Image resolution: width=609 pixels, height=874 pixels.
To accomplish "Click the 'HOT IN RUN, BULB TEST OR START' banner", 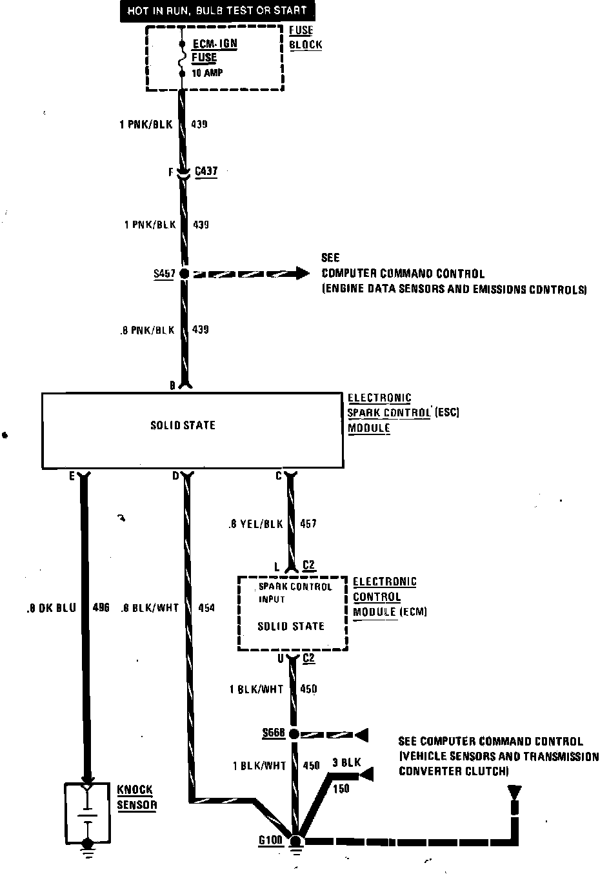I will pos(215,11).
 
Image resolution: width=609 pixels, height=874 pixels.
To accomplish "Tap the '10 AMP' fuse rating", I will pos(207,73).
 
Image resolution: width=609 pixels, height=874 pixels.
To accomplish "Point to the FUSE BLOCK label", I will pos(304,37).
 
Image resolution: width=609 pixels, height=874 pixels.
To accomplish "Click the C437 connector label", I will pos(206,172).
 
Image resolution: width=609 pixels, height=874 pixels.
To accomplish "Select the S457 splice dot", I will pos(184,274).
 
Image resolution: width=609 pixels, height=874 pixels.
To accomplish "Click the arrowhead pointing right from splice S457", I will pos(301,273).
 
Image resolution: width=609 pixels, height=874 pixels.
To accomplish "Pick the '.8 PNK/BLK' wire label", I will pos(147,330).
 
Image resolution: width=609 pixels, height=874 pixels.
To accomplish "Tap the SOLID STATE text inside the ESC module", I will pos(183,425).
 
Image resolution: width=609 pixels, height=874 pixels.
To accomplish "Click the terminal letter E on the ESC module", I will pos(72,476).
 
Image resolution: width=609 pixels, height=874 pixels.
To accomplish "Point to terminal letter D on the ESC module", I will pos(175,476).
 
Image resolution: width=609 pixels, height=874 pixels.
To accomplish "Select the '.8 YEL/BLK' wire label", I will pos(255,524).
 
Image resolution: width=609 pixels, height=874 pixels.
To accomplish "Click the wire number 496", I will pos(101,607).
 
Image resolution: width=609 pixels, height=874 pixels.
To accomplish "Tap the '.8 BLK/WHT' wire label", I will pos(150,607).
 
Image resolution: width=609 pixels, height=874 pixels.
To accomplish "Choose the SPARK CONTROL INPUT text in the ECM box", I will pos(294,593).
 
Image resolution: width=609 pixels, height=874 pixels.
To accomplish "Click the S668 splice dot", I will pos(294,734).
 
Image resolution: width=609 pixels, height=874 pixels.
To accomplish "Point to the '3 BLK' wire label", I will pos(346,762).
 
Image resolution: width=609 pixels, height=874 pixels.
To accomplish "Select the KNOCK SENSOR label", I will pos(135,797).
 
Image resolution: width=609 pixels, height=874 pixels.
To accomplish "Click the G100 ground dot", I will pos(296,841).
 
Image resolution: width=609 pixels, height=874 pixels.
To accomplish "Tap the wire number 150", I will pos(341,788).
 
